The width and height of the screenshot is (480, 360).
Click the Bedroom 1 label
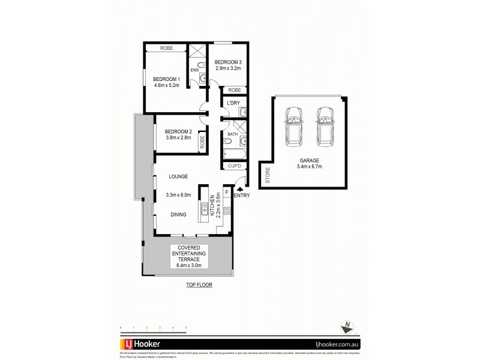pyautogui.click(x=166, y=79)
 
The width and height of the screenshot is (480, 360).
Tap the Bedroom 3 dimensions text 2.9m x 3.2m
pyautogui.click(x=228, y=68)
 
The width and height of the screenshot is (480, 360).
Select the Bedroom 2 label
pyautogui.click(x=178, y=131)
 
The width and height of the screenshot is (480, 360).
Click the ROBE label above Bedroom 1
pyautogui.click(x=167, y=49)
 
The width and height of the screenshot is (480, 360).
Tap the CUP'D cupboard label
pyautogui.click(x=233, y=166)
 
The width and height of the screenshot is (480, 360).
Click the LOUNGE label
pyautogui.click(x=178, y=176)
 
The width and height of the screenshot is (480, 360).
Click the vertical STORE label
pyautogui.click(x=268, y=175)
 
